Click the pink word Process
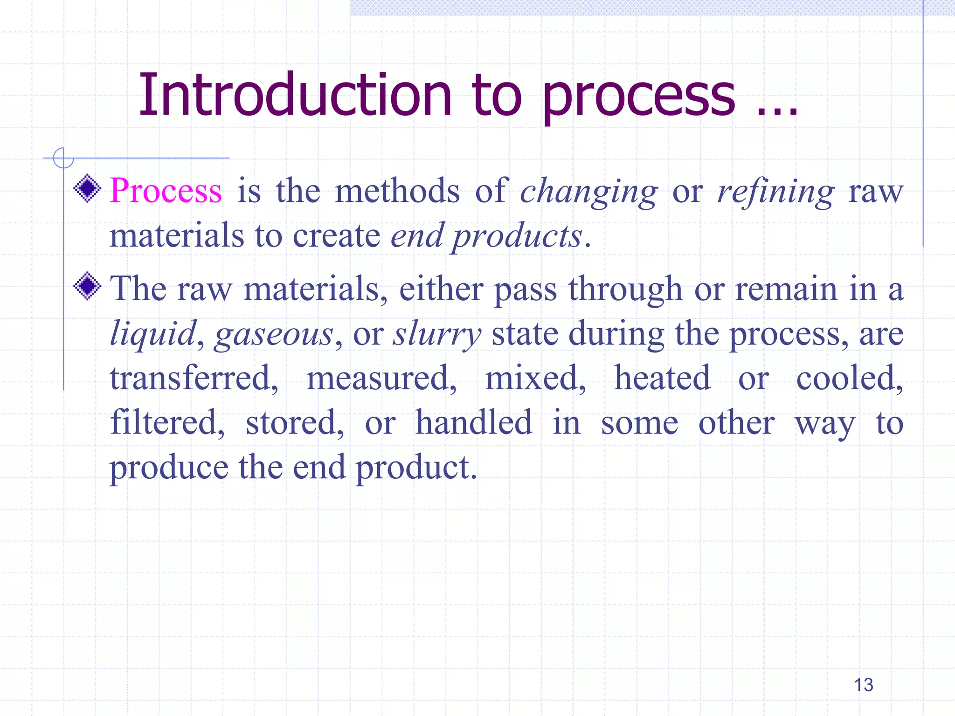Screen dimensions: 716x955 pos(166,191)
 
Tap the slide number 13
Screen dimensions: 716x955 pos(863,685)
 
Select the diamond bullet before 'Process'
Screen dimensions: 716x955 pos(87,188)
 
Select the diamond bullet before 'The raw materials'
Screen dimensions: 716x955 pos(87,286)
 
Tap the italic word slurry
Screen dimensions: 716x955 pos(436,335)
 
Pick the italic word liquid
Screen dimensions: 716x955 pos(153,335)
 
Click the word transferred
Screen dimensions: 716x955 pos(194,378)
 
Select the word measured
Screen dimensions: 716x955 pos(381,378)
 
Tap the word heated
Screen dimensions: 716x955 pos(662,378)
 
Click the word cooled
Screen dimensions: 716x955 pos(849,378)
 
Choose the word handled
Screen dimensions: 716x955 pos(473,422)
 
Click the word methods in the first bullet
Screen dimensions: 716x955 pos(397,191)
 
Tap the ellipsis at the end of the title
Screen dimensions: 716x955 pos(777,110)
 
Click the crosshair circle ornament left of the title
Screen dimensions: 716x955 pos(63,158)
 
